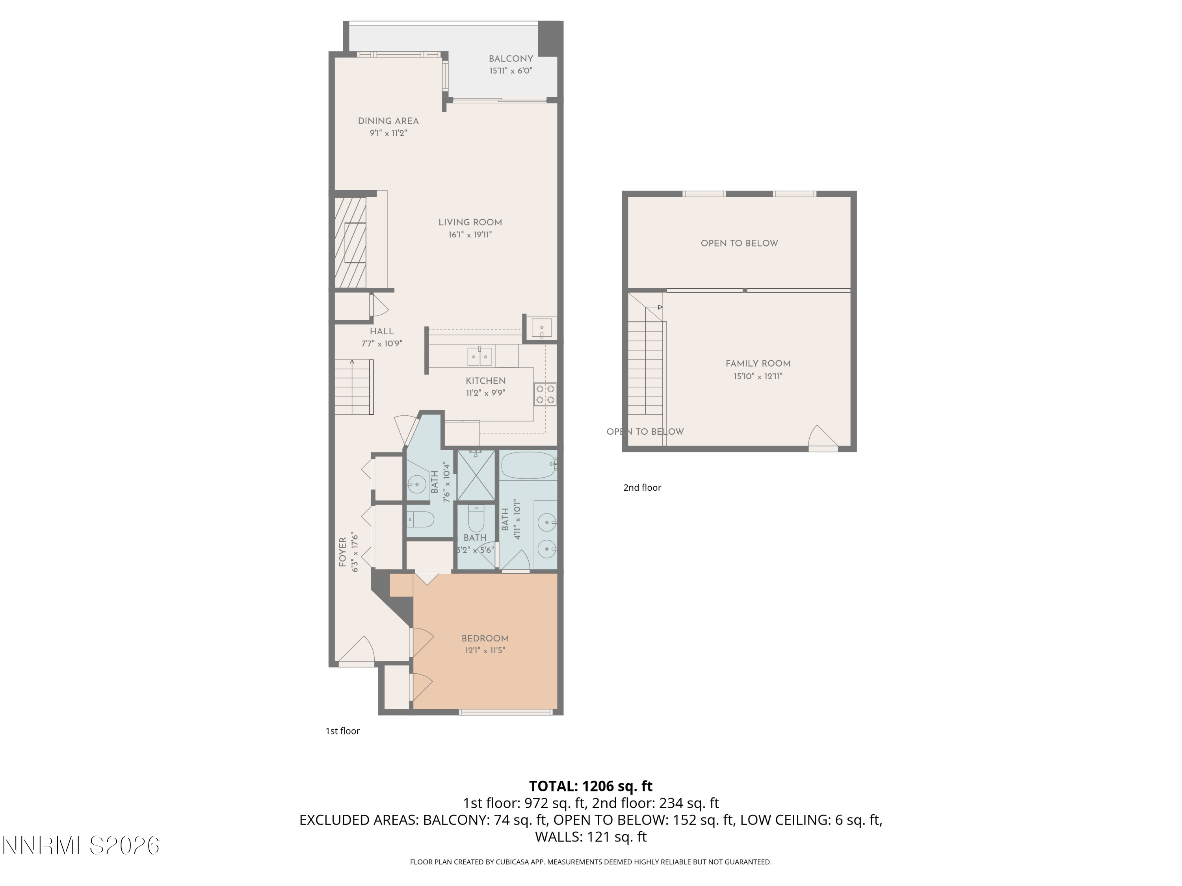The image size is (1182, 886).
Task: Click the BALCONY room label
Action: click(511, 59)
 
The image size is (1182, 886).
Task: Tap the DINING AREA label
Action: click(388, 121)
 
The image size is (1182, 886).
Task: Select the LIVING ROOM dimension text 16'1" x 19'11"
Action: click(470, 234)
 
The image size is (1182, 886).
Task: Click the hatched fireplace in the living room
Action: click(351, 243)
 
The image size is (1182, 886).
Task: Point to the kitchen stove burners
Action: click(545, 394)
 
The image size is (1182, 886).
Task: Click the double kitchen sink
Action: click(479, 356)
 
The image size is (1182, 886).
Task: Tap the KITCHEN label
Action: click(486, 381)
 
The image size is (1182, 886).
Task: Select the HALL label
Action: click(381, 331)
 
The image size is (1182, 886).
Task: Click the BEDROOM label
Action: click(485, 638)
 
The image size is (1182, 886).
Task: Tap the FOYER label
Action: click(342, 552)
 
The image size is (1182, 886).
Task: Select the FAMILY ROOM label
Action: click(758, 364)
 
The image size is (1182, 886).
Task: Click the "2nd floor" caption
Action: click(642, 487)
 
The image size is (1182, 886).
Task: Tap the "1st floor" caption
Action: click(342, 731)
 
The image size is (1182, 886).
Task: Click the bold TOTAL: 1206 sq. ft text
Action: click(591, 786)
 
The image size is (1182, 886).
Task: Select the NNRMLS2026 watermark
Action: click(81, 846)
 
